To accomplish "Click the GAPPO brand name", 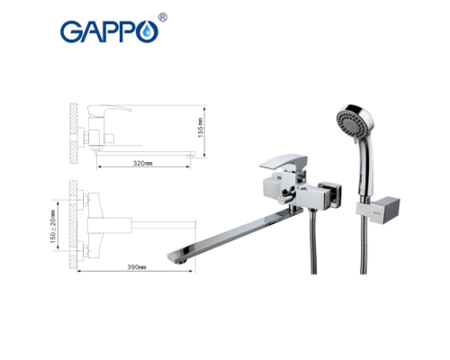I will (108, 31).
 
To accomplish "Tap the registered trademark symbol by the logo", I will (162, 17).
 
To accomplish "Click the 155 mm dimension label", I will (202, 130).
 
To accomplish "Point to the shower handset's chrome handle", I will (364, 171).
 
